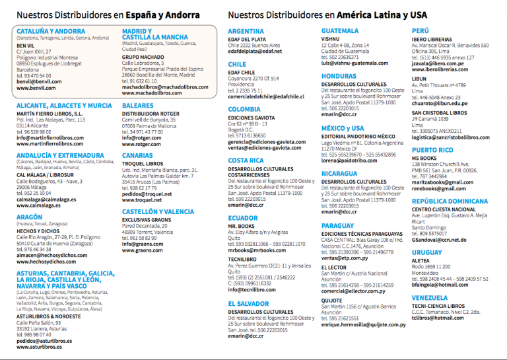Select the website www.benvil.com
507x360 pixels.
tap(36, 87)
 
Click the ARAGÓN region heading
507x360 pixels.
tap(30, 216)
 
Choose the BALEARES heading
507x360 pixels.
tap(138, 106)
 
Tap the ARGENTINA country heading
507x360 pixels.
tap(246, 31)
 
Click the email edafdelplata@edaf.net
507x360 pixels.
tap(254, 52)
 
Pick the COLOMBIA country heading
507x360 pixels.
tap(244, 109)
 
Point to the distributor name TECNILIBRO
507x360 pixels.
tap(243, 260)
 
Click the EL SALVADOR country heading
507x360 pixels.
tap(248, 303)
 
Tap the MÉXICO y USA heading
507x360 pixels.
tap(343, 128)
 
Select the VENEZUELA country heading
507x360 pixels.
tap(433, 298)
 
